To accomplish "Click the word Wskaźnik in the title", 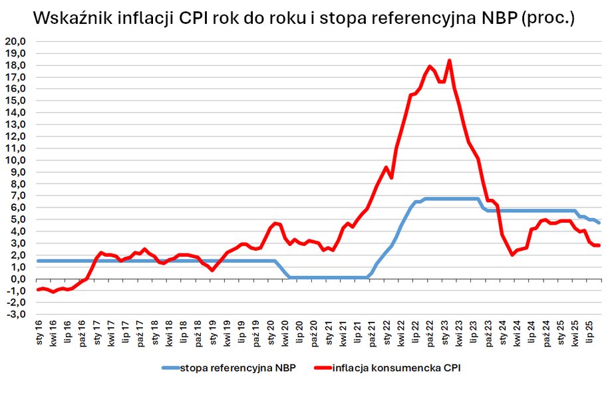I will point(72,18).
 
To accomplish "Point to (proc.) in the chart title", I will point(548,18).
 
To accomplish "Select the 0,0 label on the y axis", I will point(17,279).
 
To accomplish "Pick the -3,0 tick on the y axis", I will point(16,315).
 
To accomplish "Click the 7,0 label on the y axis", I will point(17,196).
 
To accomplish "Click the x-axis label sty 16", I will point(39,331).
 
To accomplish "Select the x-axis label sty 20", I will point(270,331).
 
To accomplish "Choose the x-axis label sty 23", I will point(444,331).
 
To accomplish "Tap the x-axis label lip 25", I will point(589,331).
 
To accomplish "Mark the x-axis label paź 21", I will point(371,331).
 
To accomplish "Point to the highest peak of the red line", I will point(450,61).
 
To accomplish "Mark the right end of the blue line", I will point(599,223).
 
